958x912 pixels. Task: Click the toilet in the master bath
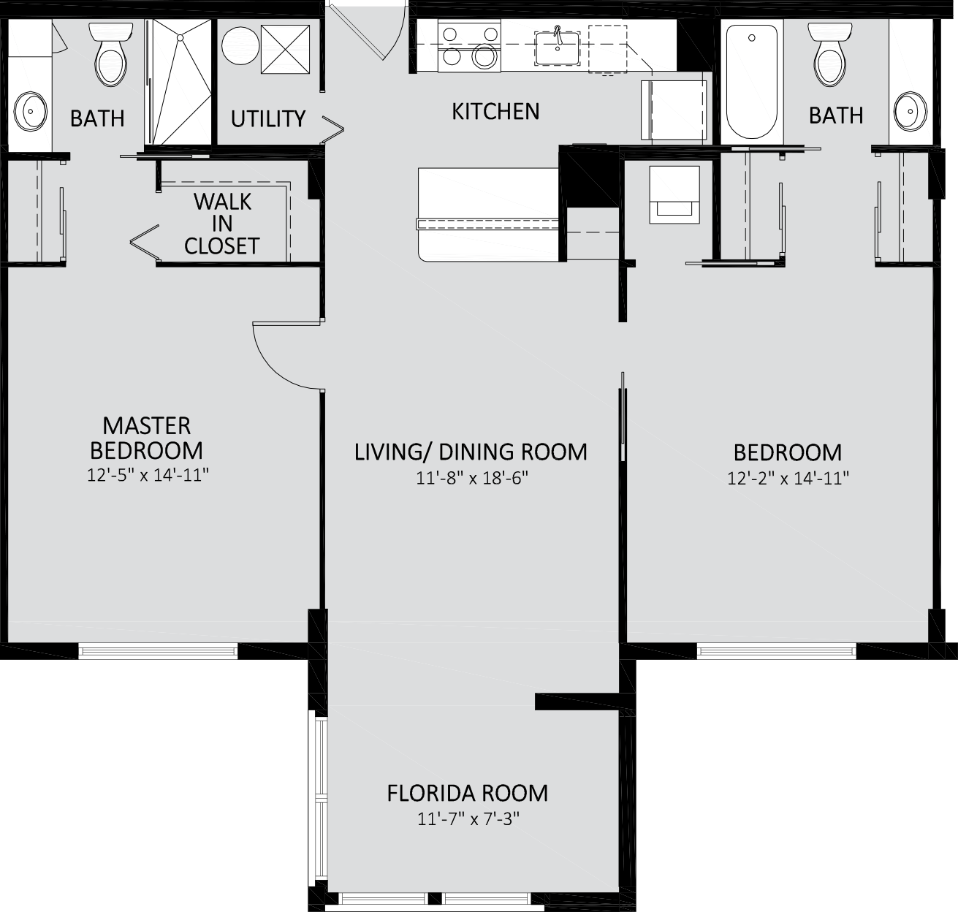111,53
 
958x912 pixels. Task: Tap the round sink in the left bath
30,111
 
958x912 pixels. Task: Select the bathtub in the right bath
752,81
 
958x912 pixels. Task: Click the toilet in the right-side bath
830,53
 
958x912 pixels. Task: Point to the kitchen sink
558,48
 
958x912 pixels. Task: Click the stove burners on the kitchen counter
469,46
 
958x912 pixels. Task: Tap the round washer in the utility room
240,45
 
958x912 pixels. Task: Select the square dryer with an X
285,49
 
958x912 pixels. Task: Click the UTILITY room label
268,118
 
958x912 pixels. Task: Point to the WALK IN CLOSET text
222,224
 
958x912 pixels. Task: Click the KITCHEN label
495,112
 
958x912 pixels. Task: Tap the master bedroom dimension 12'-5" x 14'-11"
148,474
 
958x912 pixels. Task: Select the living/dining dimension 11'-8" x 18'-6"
471,478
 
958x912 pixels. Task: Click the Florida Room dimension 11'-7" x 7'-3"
468,819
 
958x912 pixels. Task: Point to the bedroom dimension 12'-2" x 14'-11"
788,478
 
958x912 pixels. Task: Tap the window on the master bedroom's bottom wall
158,650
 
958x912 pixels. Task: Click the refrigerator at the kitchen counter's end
674,110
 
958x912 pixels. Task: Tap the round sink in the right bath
911,111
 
